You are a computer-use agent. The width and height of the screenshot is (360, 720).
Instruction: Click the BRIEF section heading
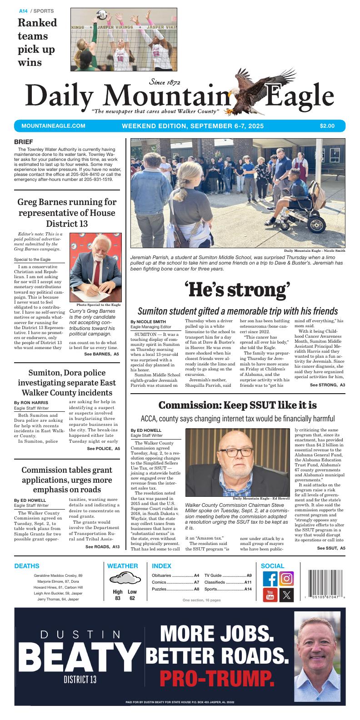pyautogui.click(x=24, y=142)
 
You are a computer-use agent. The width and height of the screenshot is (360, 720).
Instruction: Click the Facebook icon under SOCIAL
pyautogui.click(x=270, y=579)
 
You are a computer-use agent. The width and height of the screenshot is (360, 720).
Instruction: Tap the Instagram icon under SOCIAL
pyautogui.click(x=286, y=578)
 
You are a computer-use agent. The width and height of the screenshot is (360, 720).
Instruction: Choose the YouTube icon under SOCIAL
pyautogui.click(x=270, y=595)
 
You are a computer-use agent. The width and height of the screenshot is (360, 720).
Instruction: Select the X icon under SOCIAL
pyautogui.click(x=286, y=595)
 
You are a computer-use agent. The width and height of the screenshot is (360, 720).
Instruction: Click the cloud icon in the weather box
pyautogui.click(x=125, y=579)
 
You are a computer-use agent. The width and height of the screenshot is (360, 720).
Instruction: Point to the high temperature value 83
pyautogui.click(x=118, y=598)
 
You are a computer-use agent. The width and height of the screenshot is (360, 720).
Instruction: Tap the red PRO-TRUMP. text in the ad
pyautogui.click(x=217, y=679)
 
